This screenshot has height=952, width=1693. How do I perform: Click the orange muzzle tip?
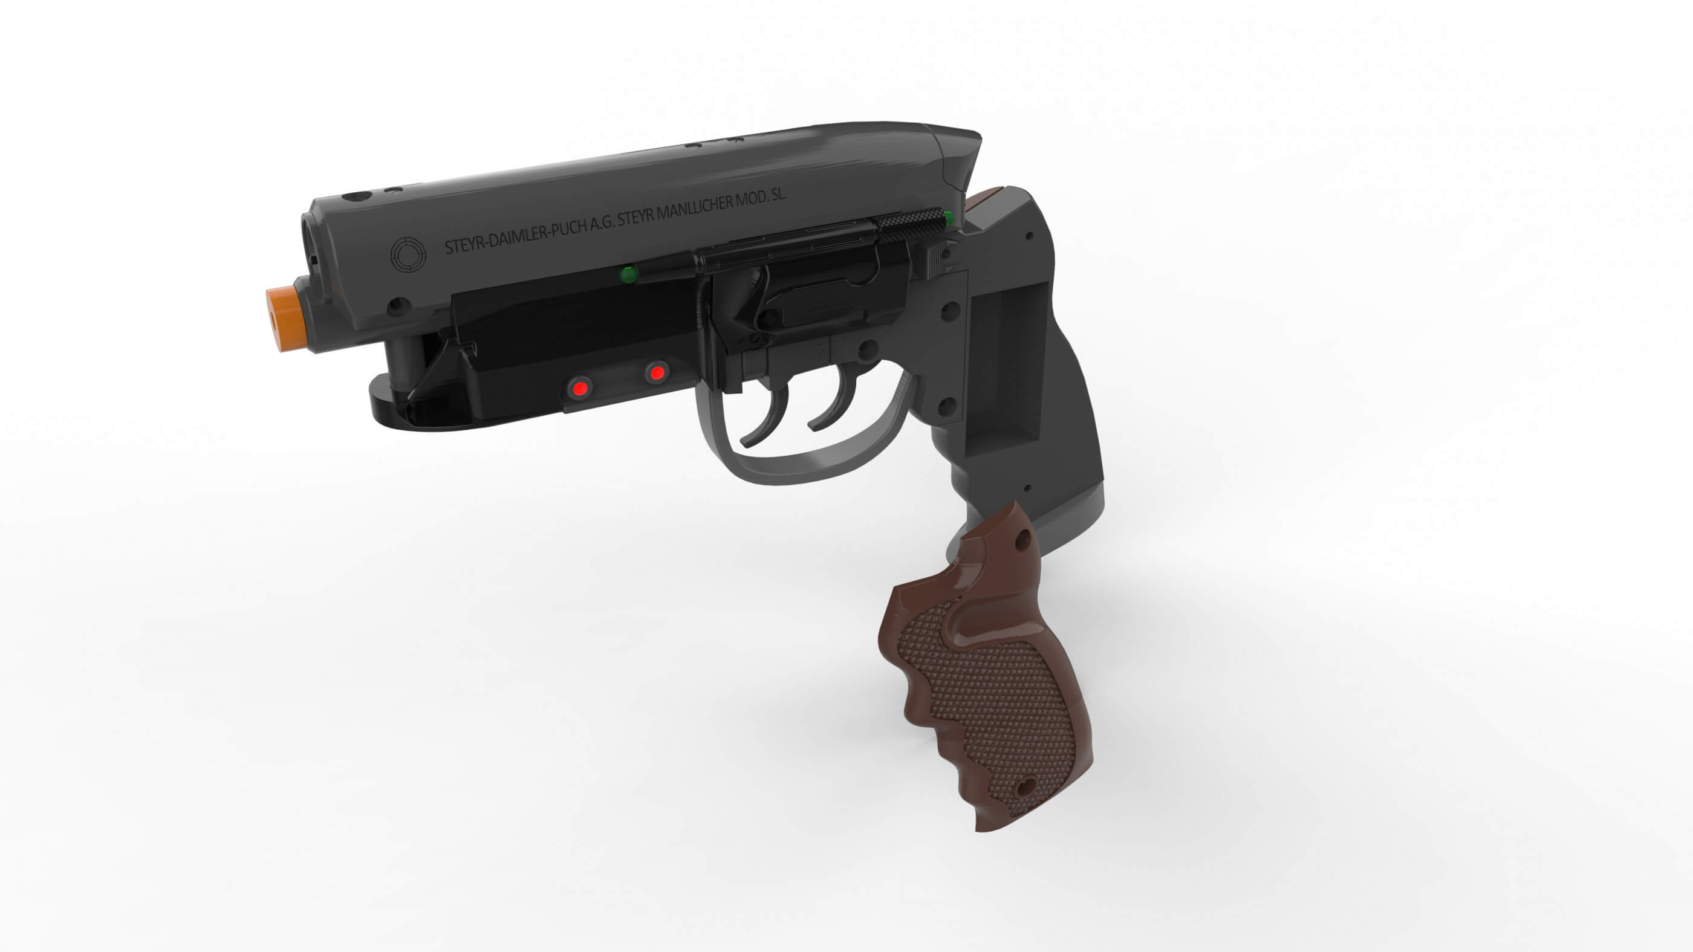tap(287, 319)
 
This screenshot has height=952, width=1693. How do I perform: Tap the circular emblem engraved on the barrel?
tap(408, 255)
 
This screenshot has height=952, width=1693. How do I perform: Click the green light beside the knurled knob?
tap(948, 218)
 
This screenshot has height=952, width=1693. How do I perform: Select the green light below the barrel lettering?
tap(629, 274)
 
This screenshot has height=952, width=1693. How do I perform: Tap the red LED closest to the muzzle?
tap(579, 388)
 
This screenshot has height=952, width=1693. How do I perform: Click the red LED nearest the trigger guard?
tap(656, 373)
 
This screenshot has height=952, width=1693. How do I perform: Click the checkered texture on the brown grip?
tap(986, 696)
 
